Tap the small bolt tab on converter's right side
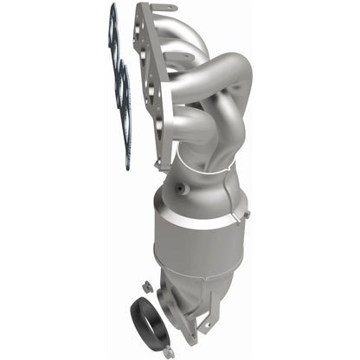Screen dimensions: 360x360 246,212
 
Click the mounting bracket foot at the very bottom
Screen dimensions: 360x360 208,327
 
